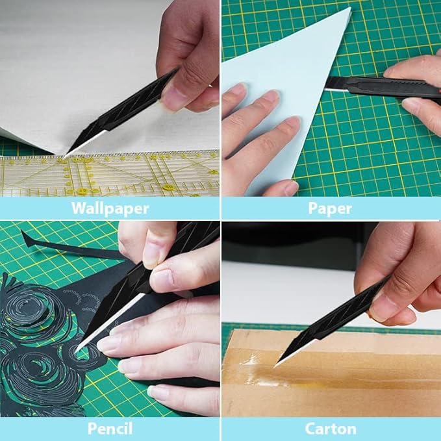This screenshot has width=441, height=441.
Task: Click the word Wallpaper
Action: [x=110, y=208]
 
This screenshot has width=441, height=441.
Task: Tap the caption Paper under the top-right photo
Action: [x=330, y=208]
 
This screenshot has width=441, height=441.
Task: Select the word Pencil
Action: [x=110, y=429]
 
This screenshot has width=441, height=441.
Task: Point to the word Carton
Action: [x=331, y=429]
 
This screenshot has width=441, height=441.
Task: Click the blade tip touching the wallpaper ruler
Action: [x=64, y=158]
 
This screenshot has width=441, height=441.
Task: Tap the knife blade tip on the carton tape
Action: [x=275, y=366]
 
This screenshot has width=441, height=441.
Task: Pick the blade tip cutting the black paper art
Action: [x=75, y=352]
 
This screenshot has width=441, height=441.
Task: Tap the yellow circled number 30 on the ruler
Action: [x=168, y=187]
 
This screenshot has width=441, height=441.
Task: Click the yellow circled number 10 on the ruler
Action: [x=82, y=191]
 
